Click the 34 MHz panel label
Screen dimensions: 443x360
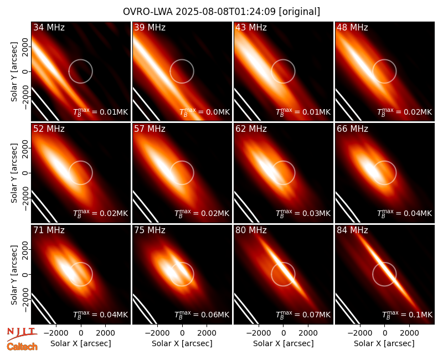point(49,27)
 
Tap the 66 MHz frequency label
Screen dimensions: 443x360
point(352,129)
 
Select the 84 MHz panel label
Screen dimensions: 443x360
point(352,230)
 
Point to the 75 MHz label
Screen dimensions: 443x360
point(150,230)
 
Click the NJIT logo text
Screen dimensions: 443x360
point(22,331)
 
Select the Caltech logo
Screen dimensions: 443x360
point(22,347)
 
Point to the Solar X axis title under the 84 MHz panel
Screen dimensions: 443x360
point(384,343)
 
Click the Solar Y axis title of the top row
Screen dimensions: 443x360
point(14,72)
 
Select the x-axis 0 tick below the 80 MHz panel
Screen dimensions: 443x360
point(284,333)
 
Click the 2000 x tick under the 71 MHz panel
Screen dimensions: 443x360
point(105,333)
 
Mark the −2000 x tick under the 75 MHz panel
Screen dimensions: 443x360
point(155,333)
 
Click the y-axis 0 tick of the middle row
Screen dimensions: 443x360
point(25,173)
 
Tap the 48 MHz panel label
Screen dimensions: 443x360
point(352,27)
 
